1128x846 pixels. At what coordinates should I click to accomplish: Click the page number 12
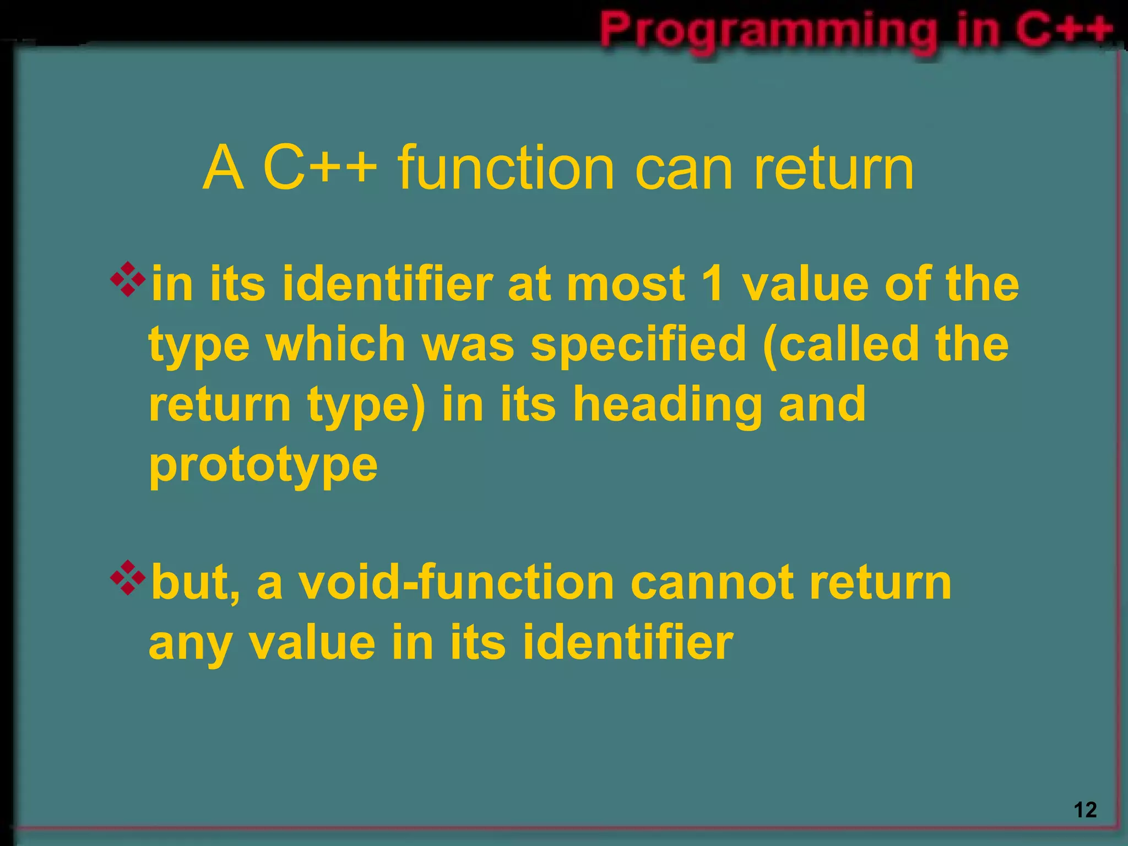[x=1085, y=810]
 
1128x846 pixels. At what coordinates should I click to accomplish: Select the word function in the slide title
[x=505, y=167]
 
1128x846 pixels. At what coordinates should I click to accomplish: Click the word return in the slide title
[x=833, y=167]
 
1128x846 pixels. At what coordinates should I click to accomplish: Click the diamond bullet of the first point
[x=128, y=280]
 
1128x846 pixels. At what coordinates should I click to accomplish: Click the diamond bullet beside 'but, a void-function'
[x=128, y=578]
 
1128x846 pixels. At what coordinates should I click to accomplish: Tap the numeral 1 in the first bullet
[x=713, y=284]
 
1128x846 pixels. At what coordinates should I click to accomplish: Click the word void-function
[x=456, y=583]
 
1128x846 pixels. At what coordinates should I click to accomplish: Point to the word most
[x=626, y=284]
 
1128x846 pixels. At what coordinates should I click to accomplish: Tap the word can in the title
[x=684, y=167]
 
